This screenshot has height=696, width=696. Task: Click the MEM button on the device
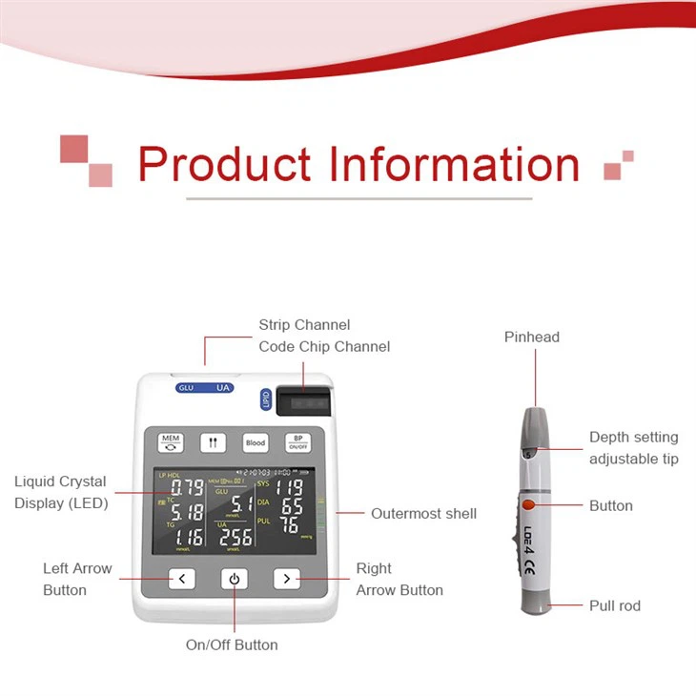(x=171, y=441)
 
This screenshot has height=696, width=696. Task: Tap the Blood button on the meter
(x=255, y=442)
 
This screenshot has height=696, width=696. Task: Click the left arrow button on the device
(x=182, y=579)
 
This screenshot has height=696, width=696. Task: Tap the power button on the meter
(x=235, y=579)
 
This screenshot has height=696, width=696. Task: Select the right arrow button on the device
(x=286, y=579)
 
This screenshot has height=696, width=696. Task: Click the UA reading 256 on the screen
(x=235, y=537)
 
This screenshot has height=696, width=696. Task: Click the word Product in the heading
(x=226, y=164)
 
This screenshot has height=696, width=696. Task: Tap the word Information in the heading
(x=454, y=164)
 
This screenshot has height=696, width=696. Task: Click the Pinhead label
(x=532, y=337)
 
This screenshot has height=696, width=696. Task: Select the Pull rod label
(x=615, y=605)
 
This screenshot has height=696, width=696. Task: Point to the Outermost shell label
(x=423, y=514)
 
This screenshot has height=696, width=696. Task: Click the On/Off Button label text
(x=232, y=645)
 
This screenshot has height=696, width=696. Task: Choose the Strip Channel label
(x=304, y=325)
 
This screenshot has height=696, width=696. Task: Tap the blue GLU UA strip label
(x=204, y=388)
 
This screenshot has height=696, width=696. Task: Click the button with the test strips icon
(x=213, y=442)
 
